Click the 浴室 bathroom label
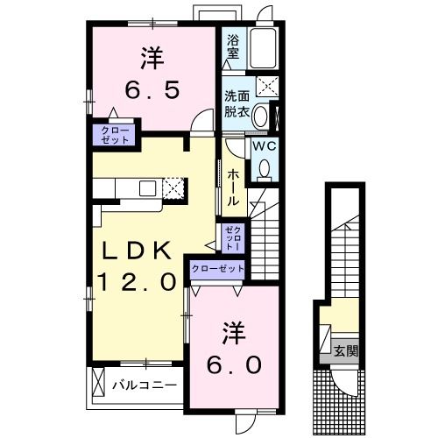[x=233, y=46]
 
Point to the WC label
[x=265, y=146]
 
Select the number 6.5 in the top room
[x=151, y=88]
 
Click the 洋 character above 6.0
[x=232, y=334]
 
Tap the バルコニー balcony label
[x=145, y=384]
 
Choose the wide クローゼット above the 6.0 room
[x=216, y=268]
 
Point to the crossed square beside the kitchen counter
[x=173, y=187]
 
